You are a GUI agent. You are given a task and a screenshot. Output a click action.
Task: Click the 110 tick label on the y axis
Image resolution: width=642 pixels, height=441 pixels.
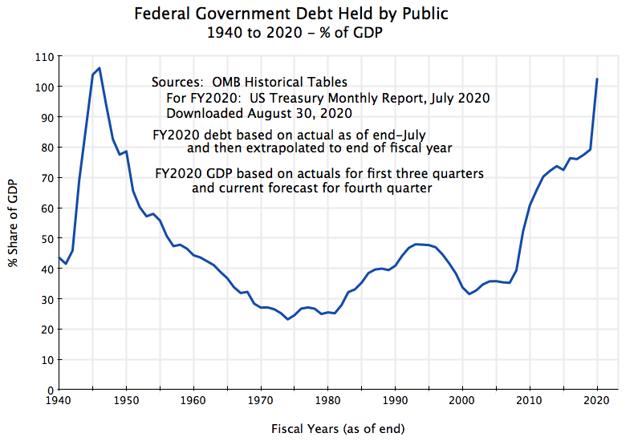43,57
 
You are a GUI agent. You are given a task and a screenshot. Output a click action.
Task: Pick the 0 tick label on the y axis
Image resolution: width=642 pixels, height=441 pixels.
49,390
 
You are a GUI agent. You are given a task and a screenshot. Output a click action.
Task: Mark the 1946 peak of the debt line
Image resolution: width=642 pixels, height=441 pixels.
99,68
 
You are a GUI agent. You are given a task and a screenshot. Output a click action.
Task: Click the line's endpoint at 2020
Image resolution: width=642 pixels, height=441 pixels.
596,79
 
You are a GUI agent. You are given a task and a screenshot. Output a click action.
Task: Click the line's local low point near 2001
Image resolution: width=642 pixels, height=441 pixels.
469,294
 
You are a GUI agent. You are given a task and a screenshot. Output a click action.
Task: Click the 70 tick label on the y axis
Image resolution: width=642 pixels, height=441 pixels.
46,178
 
